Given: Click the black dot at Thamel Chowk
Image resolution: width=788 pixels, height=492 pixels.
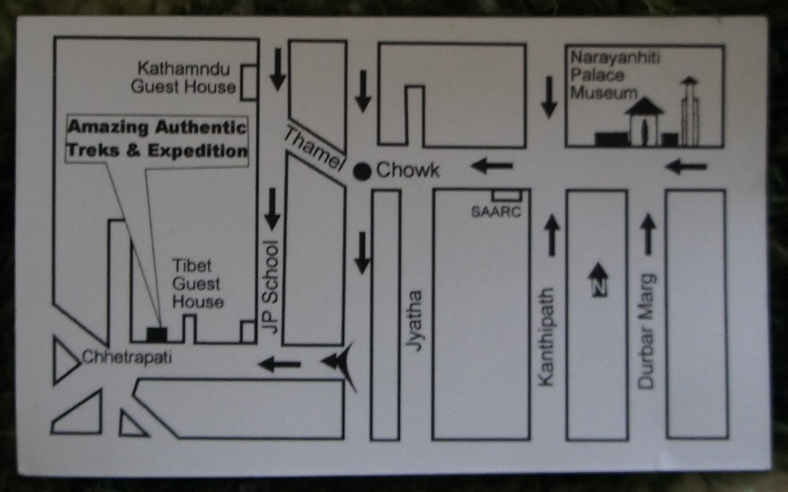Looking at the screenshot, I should tap(361, 171).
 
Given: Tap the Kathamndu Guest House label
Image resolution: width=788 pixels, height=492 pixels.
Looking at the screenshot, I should tap(183, 77).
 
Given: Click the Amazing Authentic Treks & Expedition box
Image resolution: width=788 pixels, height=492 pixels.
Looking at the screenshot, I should tap(158, 140).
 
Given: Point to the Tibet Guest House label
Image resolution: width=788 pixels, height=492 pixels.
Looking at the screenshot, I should tap(197, 283).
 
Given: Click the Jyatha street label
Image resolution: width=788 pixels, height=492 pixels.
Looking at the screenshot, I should tap(416, 321).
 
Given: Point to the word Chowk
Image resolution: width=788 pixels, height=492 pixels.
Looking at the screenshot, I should tap(408, 170).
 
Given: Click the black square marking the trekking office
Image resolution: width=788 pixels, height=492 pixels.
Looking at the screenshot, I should tap(157, 334).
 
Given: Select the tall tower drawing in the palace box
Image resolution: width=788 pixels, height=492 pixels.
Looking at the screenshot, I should tap(689, 112).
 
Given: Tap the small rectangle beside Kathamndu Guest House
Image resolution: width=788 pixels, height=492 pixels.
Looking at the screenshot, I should tap(249, 83).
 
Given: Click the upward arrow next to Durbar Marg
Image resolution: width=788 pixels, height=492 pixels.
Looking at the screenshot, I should tap(648, 234).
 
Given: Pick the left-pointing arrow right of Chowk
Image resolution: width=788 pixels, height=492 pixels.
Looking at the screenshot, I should tap(492, 165).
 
